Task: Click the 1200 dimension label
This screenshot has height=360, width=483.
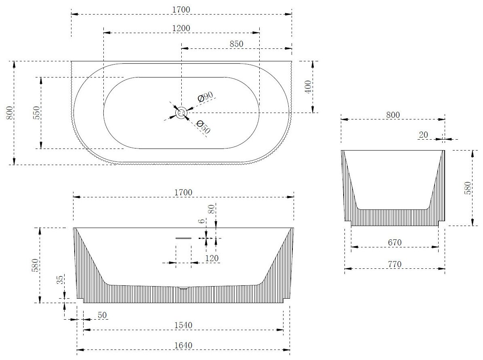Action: pos(181,28)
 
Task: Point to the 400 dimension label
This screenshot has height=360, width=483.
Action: pos(308,87)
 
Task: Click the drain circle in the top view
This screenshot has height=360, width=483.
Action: pos(181,113)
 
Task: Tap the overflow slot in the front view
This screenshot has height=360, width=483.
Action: pos(183,238)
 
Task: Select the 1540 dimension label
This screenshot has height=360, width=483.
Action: pos(183,325)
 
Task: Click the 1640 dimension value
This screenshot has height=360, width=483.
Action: pos(183,345)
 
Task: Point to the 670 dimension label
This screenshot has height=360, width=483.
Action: pos(394,243)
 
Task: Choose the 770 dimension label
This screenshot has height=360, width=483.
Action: pos(394,264)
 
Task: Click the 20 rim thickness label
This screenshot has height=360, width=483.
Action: pos(423,135)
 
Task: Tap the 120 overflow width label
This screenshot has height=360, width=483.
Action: pos(212,258)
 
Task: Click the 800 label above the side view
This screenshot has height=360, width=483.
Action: pos(393,115)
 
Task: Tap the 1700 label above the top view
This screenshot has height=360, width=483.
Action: pos(181,9)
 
